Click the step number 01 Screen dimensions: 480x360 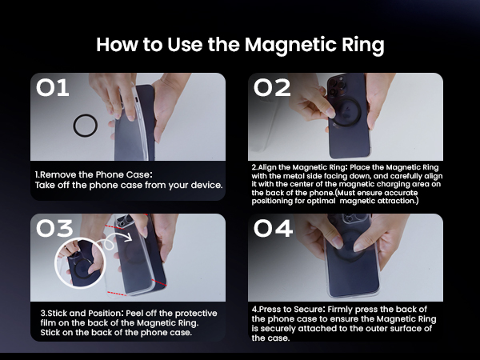pyautogui.click(x=52, y=88)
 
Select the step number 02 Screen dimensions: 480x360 pyautogui.click(x=272, y=88)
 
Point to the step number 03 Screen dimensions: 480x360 pyautogui.click(x=54, y=228)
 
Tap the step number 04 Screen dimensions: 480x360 pyautogui.click(x=273, y=228)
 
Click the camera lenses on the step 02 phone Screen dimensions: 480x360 pyautogui.click(x=337, y=86)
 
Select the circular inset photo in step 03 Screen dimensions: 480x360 pyautogui.click(x=80, y=262)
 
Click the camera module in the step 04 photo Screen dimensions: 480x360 pyautogui.click(x=353, y=218)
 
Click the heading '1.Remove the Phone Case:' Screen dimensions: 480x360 pyautogui.click(x=94, y=174)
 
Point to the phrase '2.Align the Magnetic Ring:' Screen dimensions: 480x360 pyautogui.click(x=300, y=167)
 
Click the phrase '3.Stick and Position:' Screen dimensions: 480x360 pyautogui.click(x=82, y=314)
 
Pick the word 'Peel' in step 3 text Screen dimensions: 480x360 pyautogui.click(x=134, y=314)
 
